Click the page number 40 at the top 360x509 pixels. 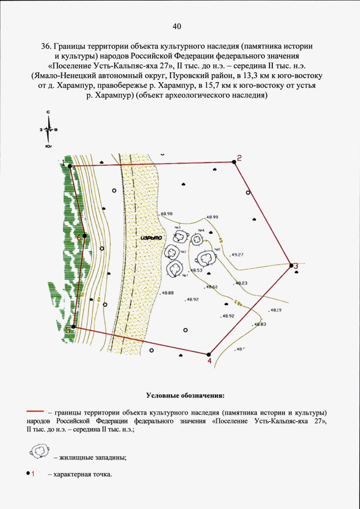coord(177,26)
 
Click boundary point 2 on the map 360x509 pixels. coord(234,162)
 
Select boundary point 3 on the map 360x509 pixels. coord(291,265)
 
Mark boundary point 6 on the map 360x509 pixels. coord(84,236)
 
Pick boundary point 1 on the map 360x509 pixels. coord(70,166)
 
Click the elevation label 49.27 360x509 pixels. coord(237,255)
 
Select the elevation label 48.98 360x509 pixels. coord(166,214)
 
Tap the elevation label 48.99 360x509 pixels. coord(212,217)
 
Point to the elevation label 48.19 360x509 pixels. coord(276,310)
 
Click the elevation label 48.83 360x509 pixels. coord(259,325)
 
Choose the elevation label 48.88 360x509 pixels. coord(167,293)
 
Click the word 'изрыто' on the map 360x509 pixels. coord(151,237)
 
